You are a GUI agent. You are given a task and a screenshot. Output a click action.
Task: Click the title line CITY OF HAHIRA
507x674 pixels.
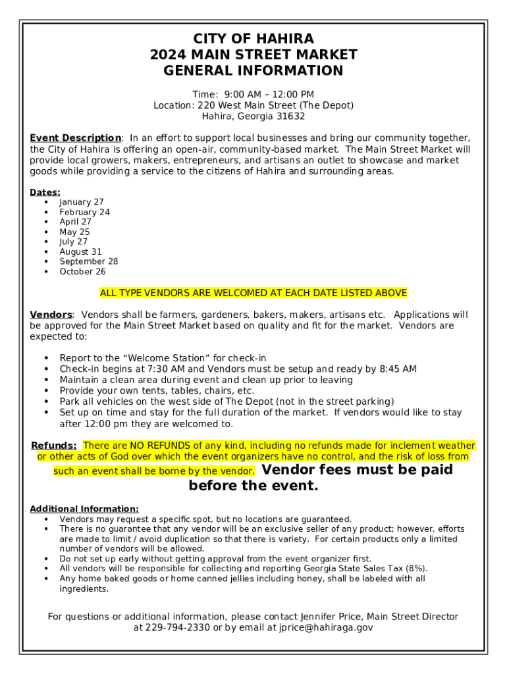253,38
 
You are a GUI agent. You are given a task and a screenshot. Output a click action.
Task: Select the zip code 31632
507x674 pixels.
290,117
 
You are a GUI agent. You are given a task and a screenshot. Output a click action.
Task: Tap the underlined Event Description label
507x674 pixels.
75,138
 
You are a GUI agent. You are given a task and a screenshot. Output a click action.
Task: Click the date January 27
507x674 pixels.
81,202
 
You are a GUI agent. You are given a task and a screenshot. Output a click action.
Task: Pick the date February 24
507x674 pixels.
84,212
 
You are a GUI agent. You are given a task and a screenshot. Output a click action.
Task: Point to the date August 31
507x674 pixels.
80,251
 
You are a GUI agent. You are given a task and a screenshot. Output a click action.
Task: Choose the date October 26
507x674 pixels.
82,271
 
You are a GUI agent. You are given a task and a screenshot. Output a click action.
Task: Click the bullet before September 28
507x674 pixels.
46,261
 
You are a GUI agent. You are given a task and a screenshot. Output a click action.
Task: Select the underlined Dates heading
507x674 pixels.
45,192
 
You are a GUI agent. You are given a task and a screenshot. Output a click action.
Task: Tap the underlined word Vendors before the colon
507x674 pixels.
51,315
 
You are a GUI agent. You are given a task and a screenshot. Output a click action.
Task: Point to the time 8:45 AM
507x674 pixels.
398,369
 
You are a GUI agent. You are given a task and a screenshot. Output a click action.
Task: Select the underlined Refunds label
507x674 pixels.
53,446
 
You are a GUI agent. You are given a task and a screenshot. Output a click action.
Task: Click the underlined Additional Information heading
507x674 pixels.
84,509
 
